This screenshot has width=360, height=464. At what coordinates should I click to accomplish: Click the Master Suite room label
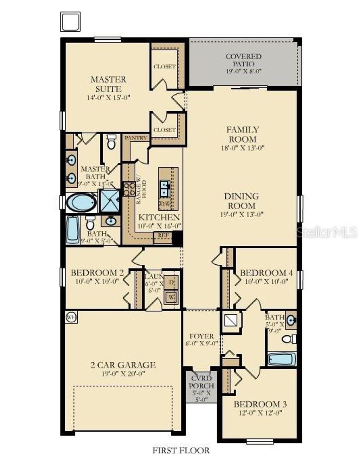pos(108,84)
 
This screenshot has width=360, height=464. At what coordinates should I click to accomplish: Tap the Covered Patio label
pos(244,60)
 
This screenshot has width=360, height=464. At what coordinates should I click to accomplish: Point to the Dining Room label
pos(242,201)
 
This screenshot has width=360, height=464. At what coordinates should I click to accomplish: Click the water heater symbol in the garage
pos(71,317)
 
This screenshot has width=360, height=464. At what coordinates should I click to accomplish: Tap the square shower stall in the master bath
pos(110,201)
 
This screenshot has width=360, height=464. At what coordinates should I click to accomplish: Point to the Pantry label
pos(136,138)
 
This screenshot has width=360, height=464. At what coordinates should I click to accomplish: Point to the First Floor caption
pos(181,450)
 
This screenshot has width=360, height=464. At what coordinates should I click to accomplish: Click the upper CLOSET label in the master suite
pos(165,66)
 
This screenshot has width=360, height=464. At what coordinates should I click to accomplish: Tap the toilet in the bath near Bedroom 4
pos(288,339)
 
